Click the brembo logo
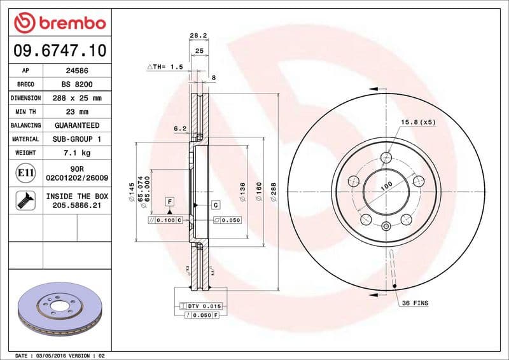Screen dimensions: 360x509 click(59, 23)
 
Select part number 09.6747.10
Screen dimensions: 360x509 click(59, 50)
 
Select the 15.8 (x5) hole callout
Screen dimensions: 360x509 click(417, 122)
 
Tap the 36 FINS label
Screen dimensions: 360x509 click(417, 303)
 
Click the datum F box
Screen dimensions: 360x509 click(170, 202)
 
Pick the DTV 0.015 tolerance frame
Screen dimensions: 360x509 click(200, 307)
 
